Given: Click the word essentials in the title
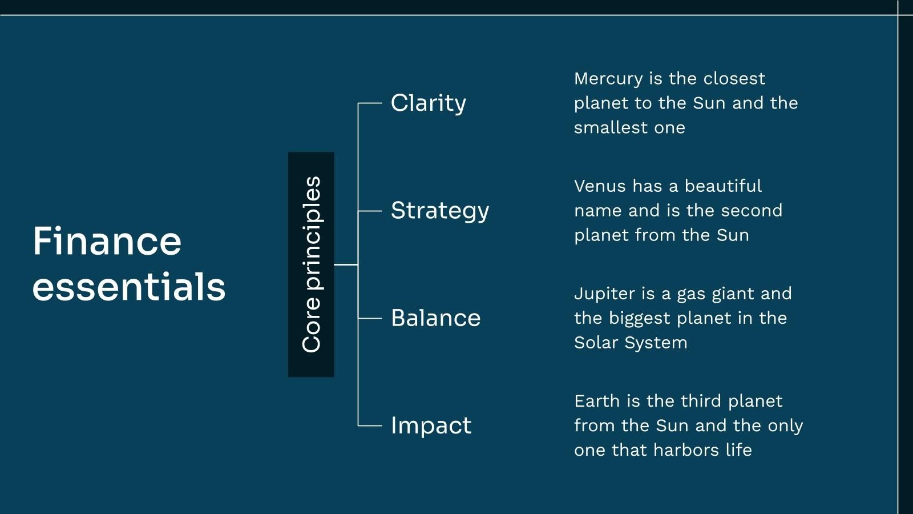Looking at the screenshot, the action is [x=129, y=287].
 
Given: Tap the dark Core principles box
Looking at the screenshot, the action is [x=311, y=264].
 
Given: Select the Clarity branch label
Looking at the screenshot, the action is [x=428, y=103].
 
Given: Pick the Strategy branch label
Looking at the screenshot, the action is [x=440, y=211].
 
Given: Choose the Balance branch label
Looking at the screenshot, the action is [x=436, y=318].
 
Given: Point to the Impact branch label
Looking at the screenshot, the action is [x=431, y=425].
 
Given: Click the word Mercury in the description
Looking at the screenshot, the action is [x=608, y=79].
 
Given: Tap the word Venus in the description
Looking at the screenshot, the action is [x=600, y=186].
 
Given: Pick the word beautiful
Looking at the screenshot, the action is [x=722, y=186].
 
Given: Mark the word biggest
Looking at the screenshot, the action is [x=639, y=319].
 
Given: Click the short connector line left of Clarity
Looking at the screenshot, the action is [x=370, y=103].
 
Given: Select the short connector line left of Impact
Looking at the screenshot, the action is [x=370, y=425].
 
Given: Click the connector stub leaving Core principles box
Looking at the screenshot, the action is [x=346, y=265].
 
